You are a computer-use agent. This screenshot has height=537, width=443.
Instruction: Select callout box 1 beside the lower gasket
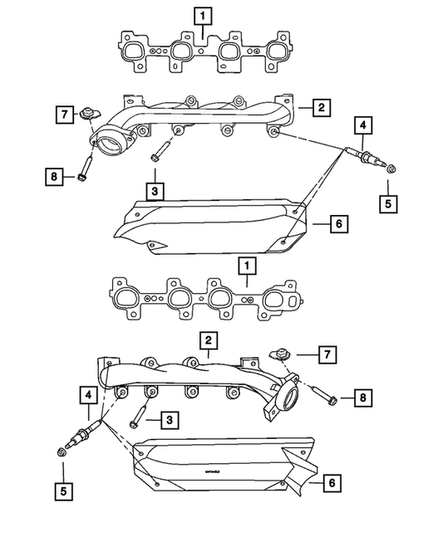tap(246, 266)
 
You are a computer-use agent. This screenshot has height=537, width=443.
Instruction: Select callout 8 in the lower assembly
tap(362, 399)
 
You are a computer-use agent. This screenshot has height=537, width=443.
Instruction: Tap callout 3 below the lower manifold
tap(169, 421)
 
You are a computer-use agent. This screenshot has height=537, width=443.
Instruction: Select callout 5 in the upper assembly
tap(386, 202)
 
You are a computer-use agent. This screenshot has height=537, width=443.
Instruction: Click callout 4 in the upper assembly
tap(362, 126)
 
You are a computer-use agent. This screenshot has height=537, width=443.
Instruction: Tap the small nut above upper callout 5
tap(391, 172)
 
